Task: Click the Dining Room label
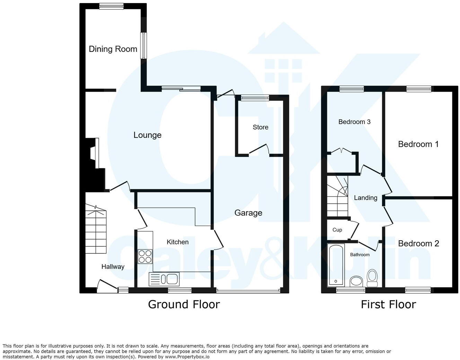pos(113,49)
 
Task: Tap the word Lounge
pos(147,135)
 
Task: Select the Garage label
pos(248,213)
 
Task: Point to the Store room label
pos(260,127)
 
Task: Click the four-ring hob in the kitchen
pos(145,256)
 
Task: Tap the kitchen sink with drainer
pos(163,279)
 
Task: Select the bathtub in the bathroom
pos(335,265)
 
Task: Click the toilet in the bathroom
pos(372,278)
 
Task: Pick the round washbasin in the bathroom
pos(356,281)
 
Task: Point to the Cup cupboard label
pos(337,230)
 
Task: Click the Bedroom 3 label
pos(354,122)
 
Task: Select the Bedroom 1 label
pos(418,144)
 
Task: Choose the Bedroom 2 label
pos(418,243)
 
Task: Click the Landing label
pos(365,198)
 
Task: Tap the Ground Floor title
pos(184,304)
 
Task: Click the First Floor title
pos(388,304)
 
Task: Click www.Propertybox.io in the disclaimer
pos(187,357)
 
